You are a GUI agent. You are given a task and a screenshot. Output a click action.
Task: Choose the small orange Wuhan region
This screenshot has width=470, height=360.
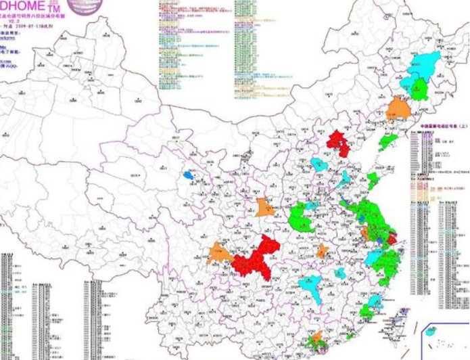[x=323, y=252]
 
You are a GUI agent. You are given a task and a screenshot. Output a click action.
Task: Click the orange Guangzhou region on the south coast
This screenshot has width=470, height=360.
[x=314, y=338]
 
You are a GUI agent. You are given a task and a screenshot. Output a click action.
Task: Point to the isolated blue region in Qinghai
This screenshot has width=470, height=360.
[x=189, y=175]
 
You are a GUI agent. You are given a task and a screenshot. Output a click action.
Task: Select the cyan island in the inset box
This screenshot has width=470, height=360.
[x=432, y=332]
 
